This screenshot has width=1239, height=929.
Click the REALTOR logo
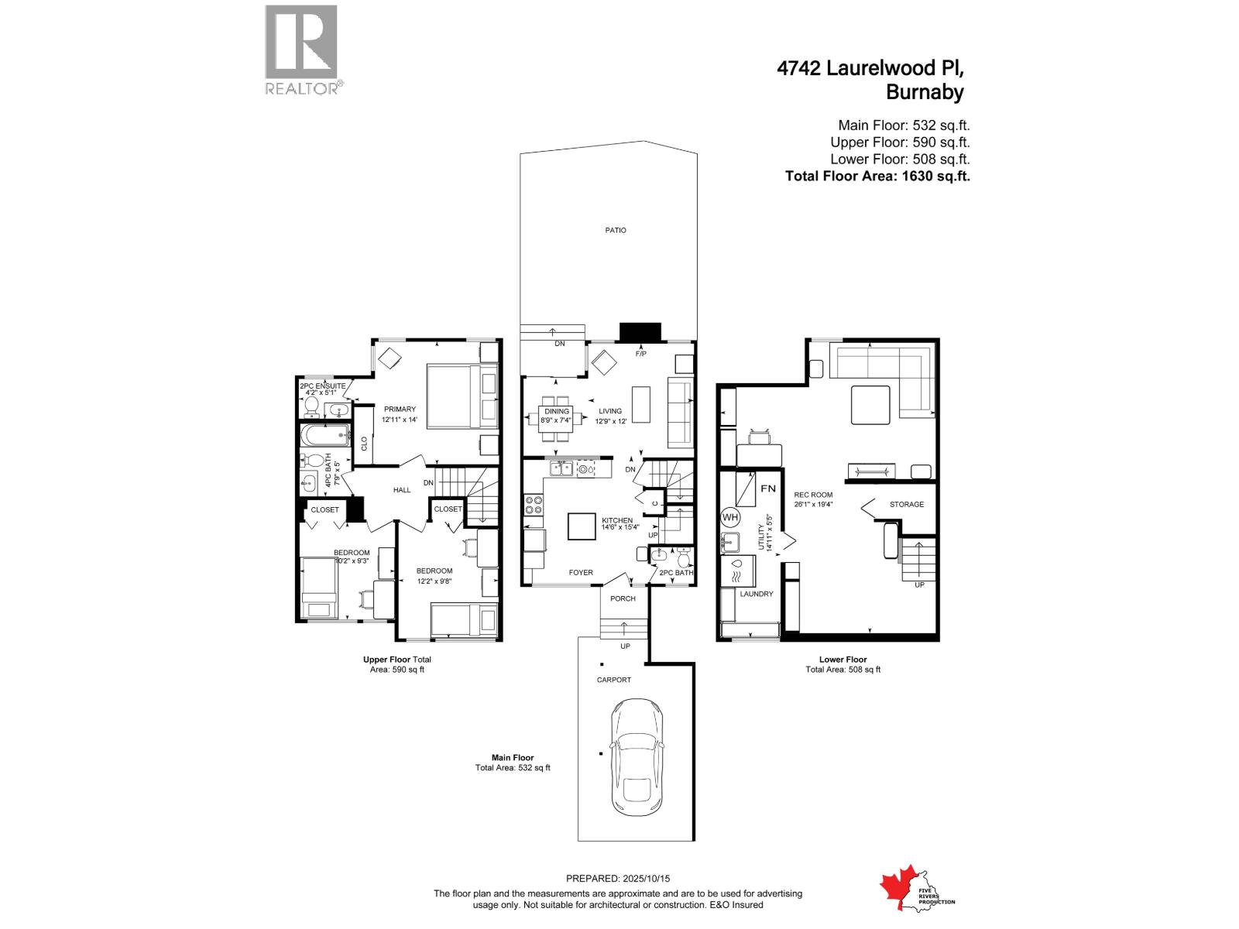[302, 50]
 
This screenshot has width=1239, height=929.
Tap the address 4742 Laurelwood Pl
[871, 68]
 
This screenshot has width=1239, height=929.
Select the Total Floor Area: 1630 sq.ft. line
[877, 176]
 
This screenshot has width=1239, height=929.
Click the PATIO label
[616, 230]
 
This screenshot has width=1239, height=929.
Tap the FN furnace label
[767, 488]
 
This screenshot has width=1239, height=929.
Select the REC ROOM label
[813, 495]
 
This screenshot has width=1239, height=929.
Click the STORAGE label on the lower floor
[906, 504]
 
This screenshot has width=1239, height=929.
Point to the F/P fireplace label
[640, 354]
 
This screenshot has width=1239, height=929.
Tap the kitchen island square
[582, 526]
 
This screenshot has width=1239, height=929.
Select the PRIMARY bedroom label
[399, 409]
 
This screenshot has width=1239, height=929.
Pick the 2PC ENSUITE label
[323, 386]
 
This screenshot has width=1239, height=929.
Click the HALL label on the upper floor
[402, 489]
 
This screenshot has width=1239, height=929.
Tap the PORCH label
[623, 598]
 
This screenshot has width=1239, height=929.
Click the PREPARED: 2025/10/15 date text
[618, 879]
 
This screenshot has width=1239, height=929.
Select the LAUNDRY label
[756, 594]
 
